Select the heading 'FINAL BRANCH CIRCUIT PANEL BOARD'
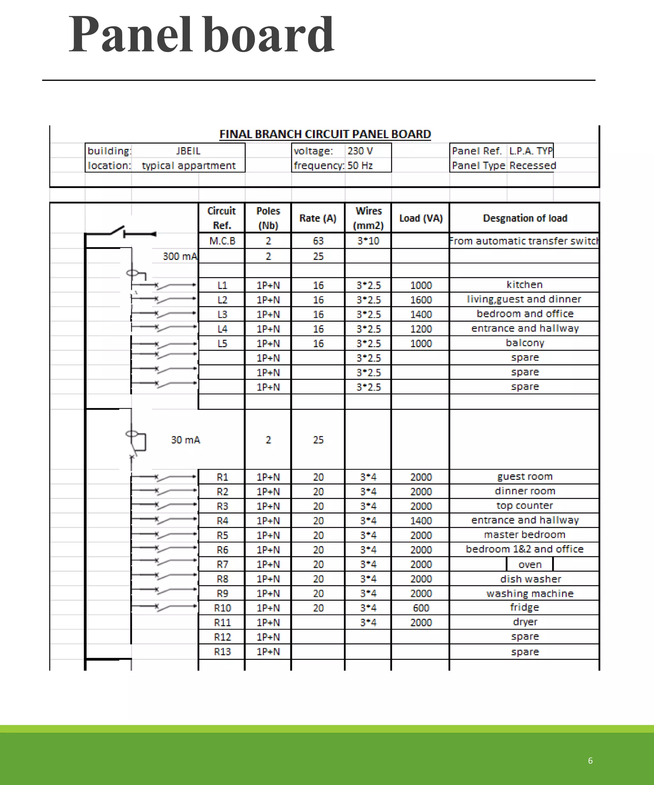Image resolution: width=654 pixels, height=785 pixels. [325, 134]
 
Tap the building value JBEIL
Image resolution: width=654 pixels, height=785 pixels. [188, 151]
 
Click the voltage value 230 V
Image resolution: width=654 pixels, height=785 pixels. [360, 151]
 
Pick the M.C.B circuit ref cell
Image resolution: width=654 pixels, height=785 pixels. [222, 241]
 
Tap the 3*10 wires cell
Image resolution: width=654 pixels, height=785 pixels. [368, 241]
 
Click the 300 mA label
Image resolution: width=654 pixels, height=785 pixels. [180, 256]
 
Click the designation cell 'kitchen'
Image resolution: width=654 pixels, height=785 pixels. [524, 285]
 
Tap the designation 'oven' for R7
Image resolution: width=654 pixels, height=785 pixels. [529, 564]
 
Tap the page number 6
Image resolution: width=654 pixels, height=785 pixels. [590, 761]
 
